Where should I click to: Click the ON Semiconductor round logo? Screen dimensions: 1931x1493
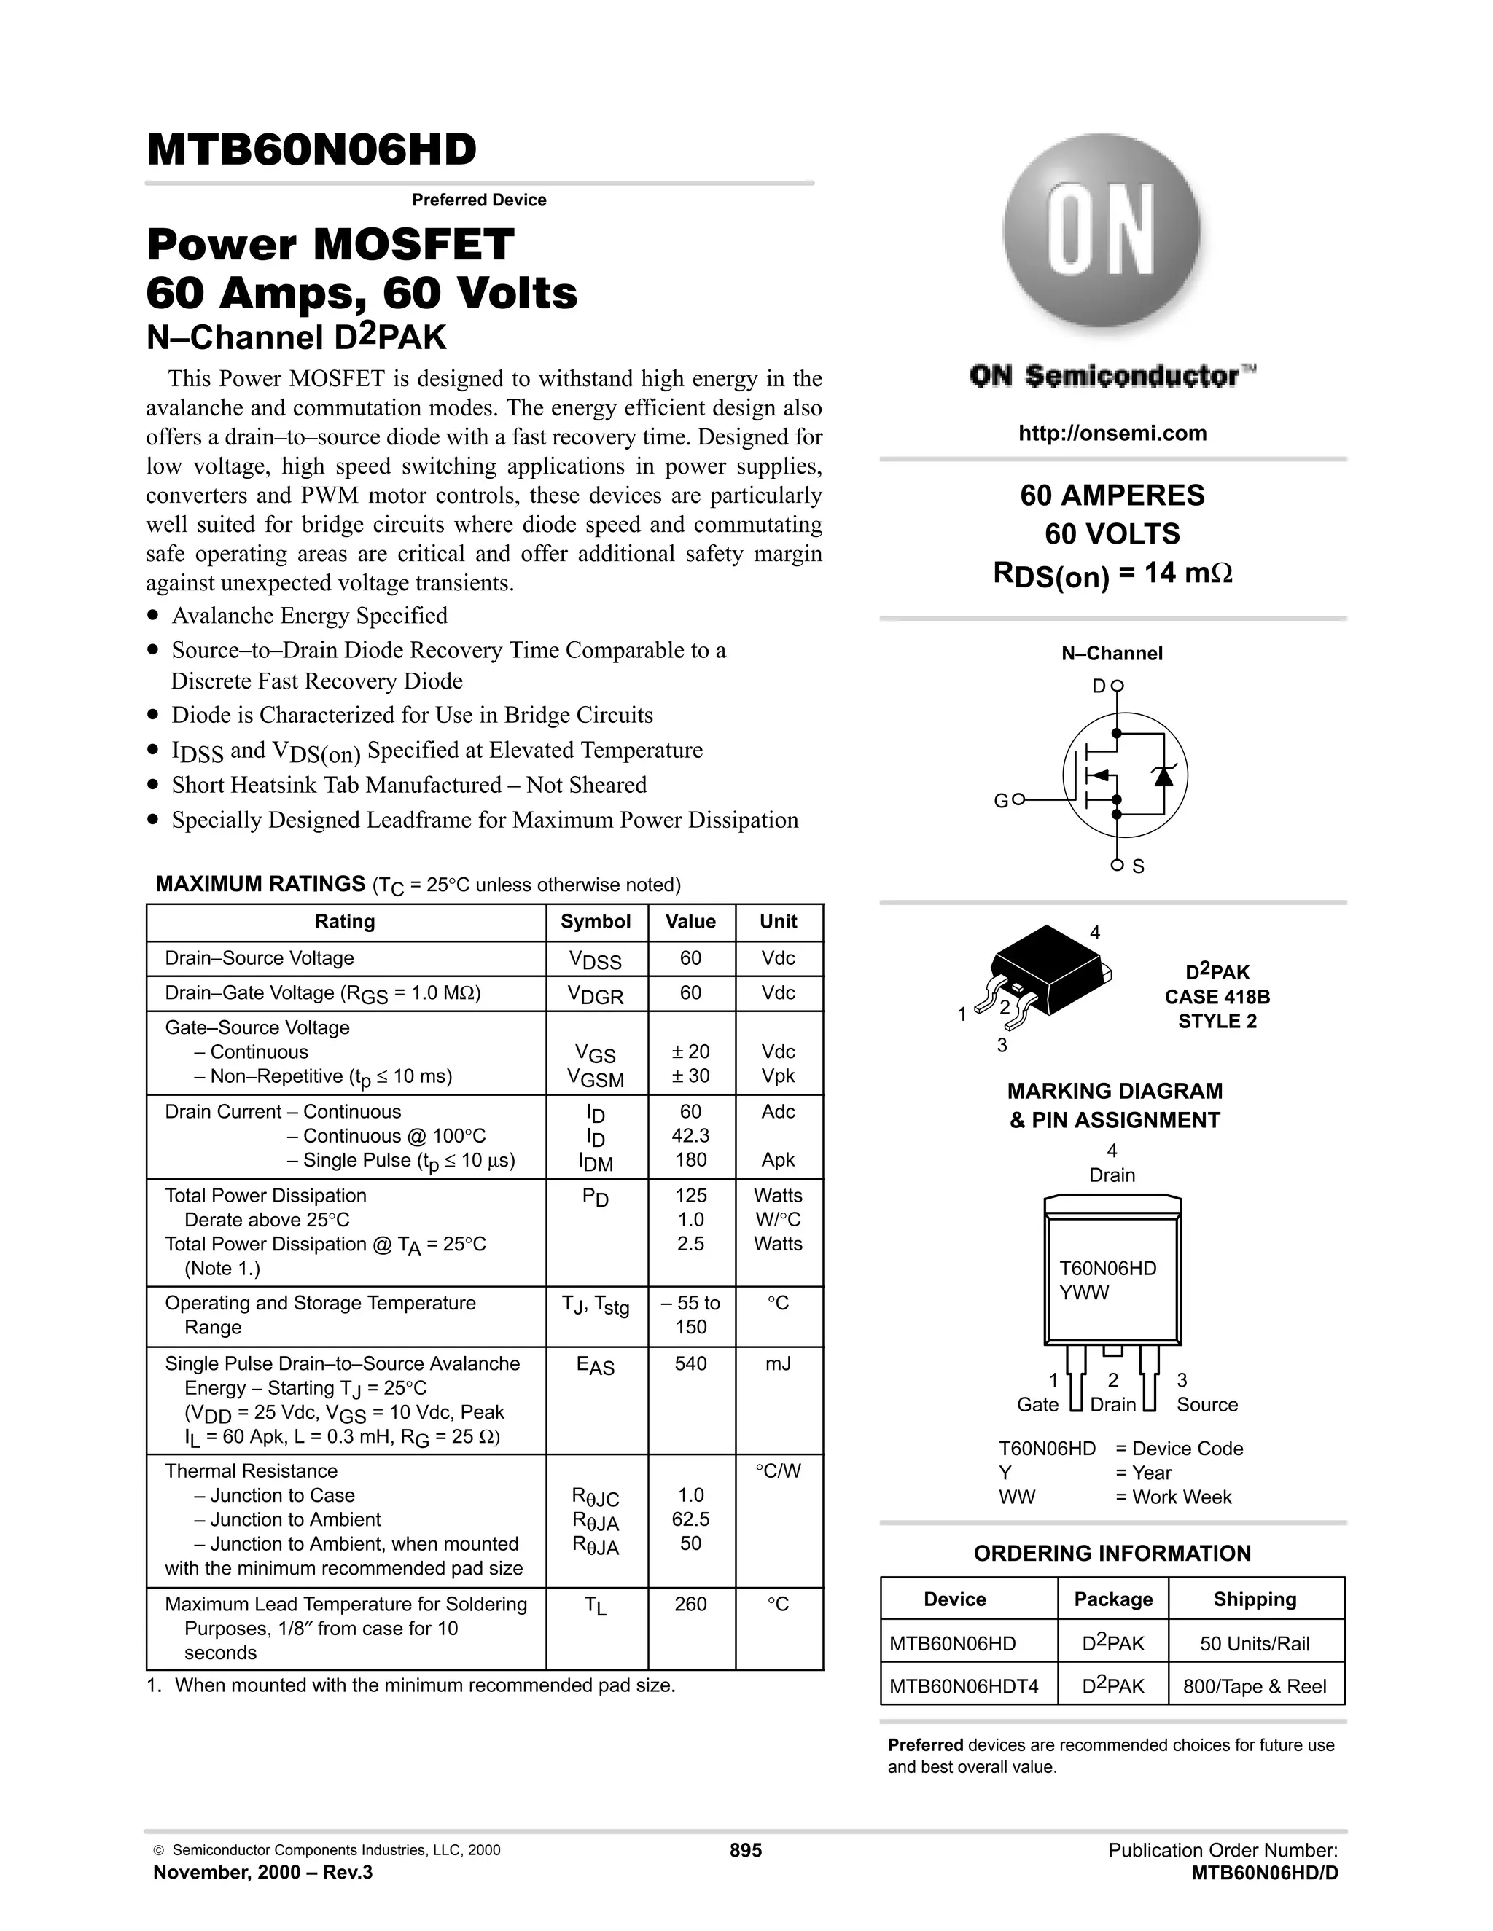click(x=1102, y=232)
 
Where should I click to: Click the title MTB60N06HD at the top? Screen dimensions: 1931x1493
click(x=311, y=150)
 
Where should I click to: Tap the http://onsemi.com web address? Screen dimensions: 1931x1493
click(x=1112, y=434)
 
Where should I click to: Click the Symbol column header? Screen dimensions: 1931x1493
click(x=596, y=921)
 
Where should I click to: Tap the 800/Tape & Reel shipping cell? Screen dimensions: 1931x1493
click(x=1254, y=1686)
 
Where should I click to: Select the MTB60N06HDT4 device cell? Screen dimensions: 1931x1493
click(x=963, y=1686)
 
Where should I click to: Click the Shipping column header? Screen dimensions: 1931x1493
click(x=1254, y=1599)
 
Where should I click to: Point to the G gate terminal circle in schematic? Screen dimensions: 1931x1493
click(x=1017, y=799)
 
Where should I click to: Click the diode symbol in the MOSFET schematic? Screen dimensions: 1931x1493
click(x=1162, y=775)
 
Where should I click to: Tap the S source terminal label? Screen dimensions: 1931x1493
click(x=1137, y=866)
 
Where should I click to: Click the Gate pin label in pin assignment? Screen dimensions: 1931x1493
click(x=1037, y=1404)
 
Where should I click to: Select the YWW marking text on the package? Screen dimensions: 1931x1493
click(x=1083, y=1293)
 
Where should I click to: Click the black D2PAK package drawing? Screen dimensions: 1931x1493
click(x=1049, y=970)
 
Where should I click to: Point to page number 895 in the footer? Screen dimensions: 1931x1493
click(x=746, y=1849)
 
